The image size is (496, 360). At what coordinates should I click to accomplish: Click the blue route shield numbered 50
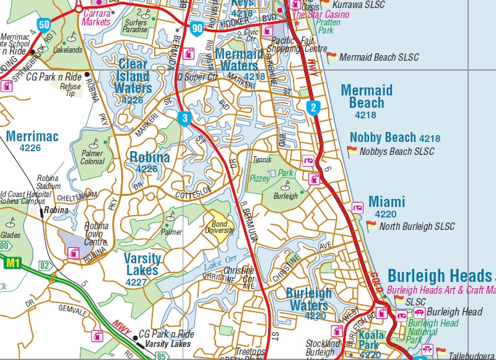(x=43, y=25)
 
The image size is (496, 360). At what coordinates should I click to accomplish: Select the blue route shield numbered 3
(x=184, y=118)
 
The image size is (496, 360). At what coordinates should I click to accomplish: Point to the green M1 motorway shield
(x=12, y=264)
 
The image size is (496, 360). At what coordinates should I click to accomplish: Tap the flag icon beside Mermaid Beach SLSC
(x=331, y=56)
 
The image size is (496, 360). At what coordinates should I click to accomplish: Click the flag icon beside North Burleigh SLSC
(x=371, y=226)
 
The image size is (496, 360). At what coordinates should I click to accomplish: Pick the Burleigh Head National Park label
(x=432, y=331)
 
